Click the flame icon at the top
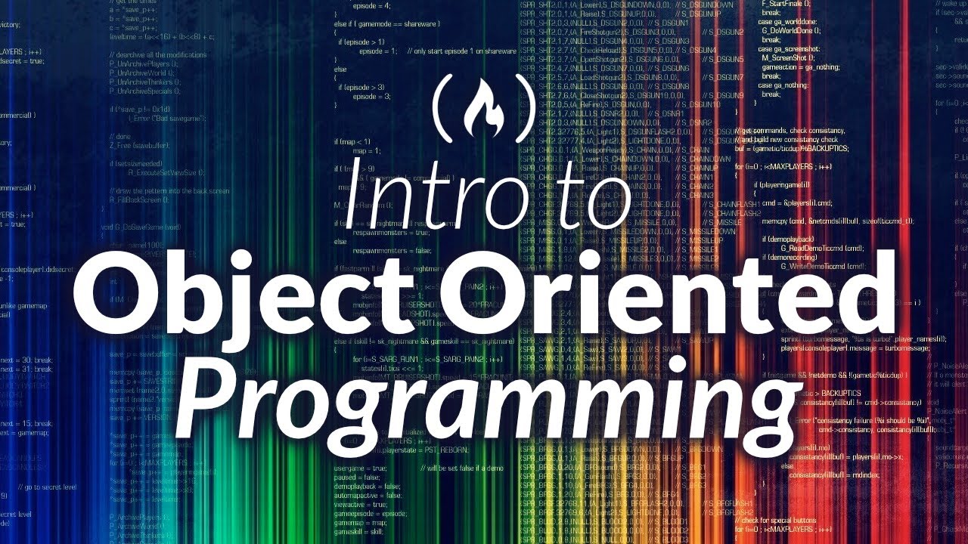tap(484, 105)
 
